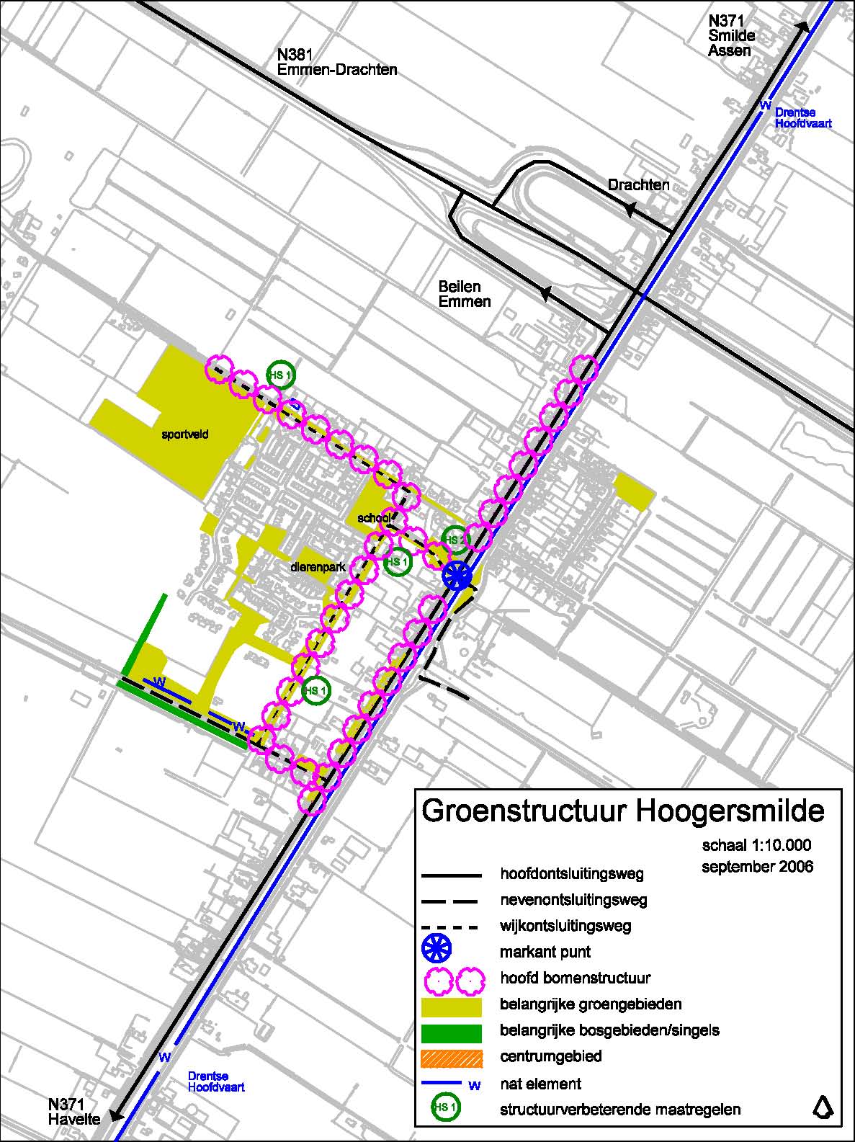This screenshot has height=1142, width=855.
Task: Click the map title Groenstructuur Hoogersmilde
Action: click(x=622, y=810)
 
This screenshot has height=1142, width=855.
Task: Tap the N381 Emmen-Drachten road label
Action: click(x=337, y=63)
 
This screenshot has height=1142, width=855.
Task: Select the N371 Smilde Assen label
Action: click(x=730, y=36)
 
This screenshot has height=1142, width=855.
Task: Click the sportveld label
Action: click(x=185, y=434)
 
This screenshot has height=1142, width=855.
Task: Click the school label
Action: click(x=373, y=518)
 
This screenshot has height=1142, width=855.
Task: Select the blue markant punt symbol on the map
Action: click(x=457, y=576)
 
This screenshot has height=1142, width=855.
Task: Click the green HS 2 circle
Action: click(x=455, y=539)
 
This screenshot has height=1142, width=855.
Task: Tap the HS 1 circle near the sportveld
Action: click(x=280, y=375)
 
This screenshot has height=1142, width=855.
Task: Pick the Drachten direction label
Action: click(x=638, y=185)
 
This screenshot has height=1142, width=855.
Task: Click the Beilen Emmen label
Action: click(x=465, y=294)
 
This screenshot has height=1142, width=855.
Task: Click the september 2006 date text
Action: click(x=757, y=866)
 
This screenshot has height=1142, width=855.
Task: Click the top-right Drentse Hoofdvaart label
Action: click(x=802, y=118)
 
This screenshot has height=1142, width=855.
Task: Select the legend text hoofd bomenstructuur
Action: click(x=575, y=978)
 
